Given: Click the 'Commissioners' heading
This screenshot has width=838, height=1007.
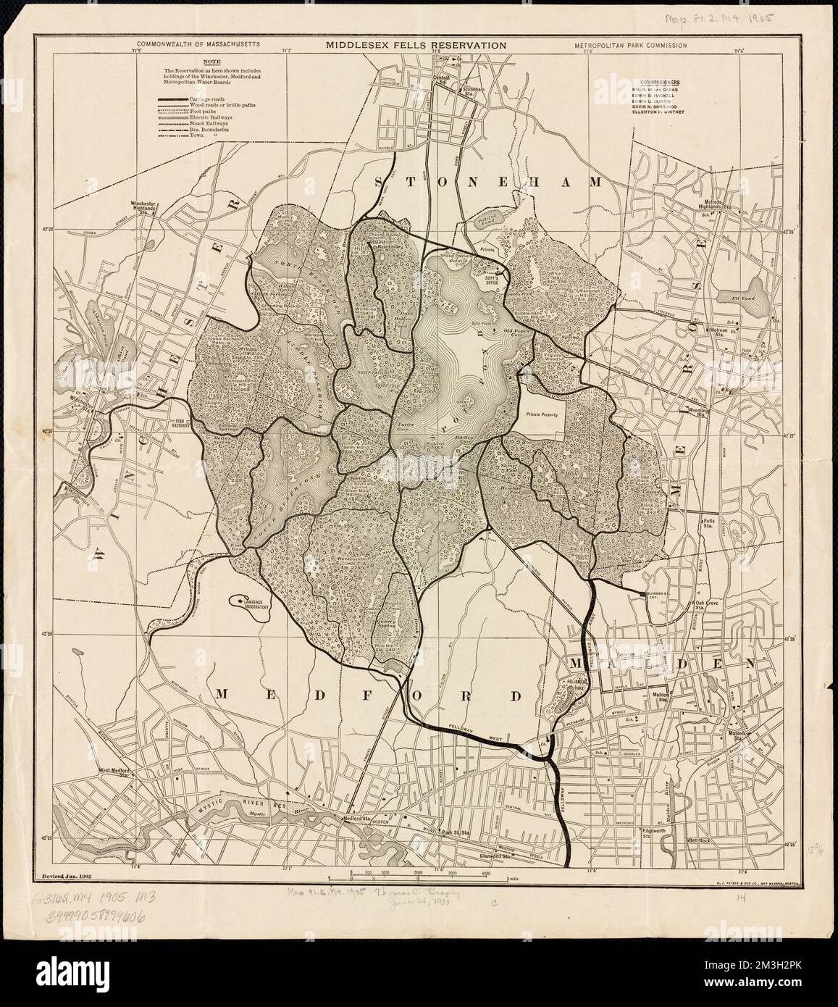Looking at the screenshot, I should tap(661, 83).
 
